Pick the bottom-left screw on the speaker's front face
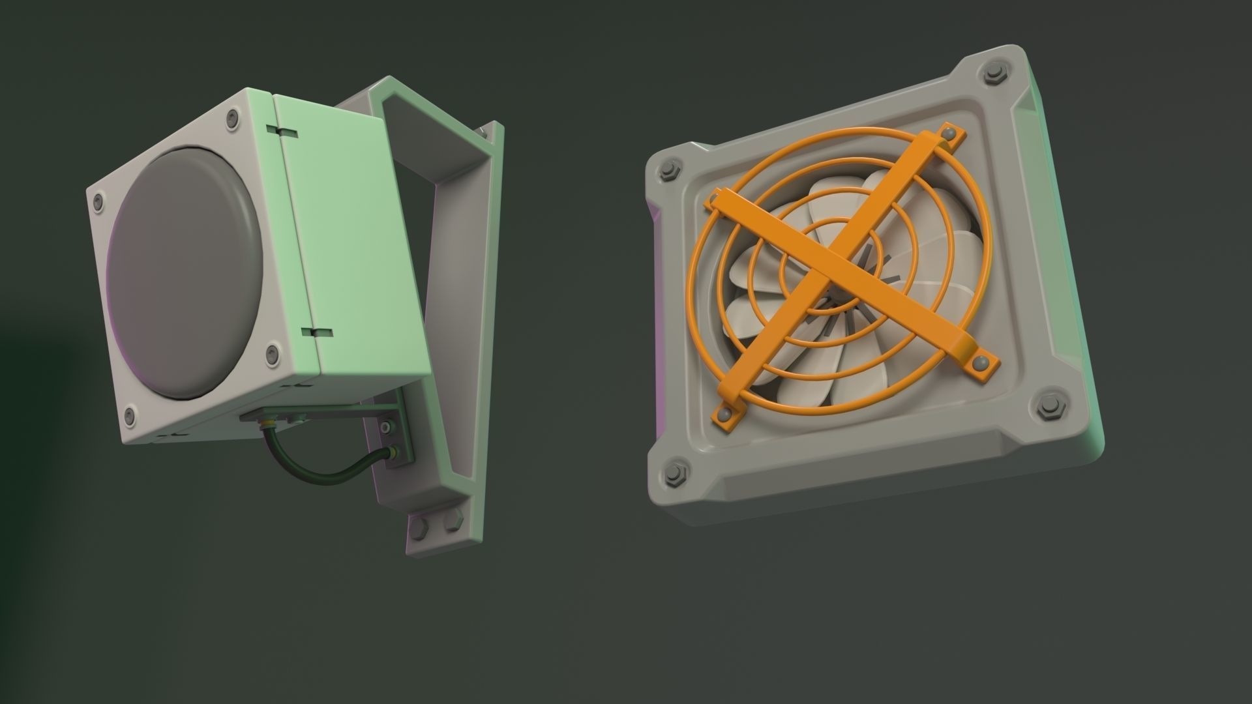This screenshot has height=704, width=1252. point(129,413)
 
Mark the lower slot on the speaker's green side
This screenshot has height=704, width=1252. point(318,332)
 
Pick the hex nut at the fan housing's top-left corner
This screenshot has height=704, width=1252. point(669,171)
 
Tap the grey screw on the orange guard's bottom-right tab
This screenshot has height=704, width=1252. point(978,362)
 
